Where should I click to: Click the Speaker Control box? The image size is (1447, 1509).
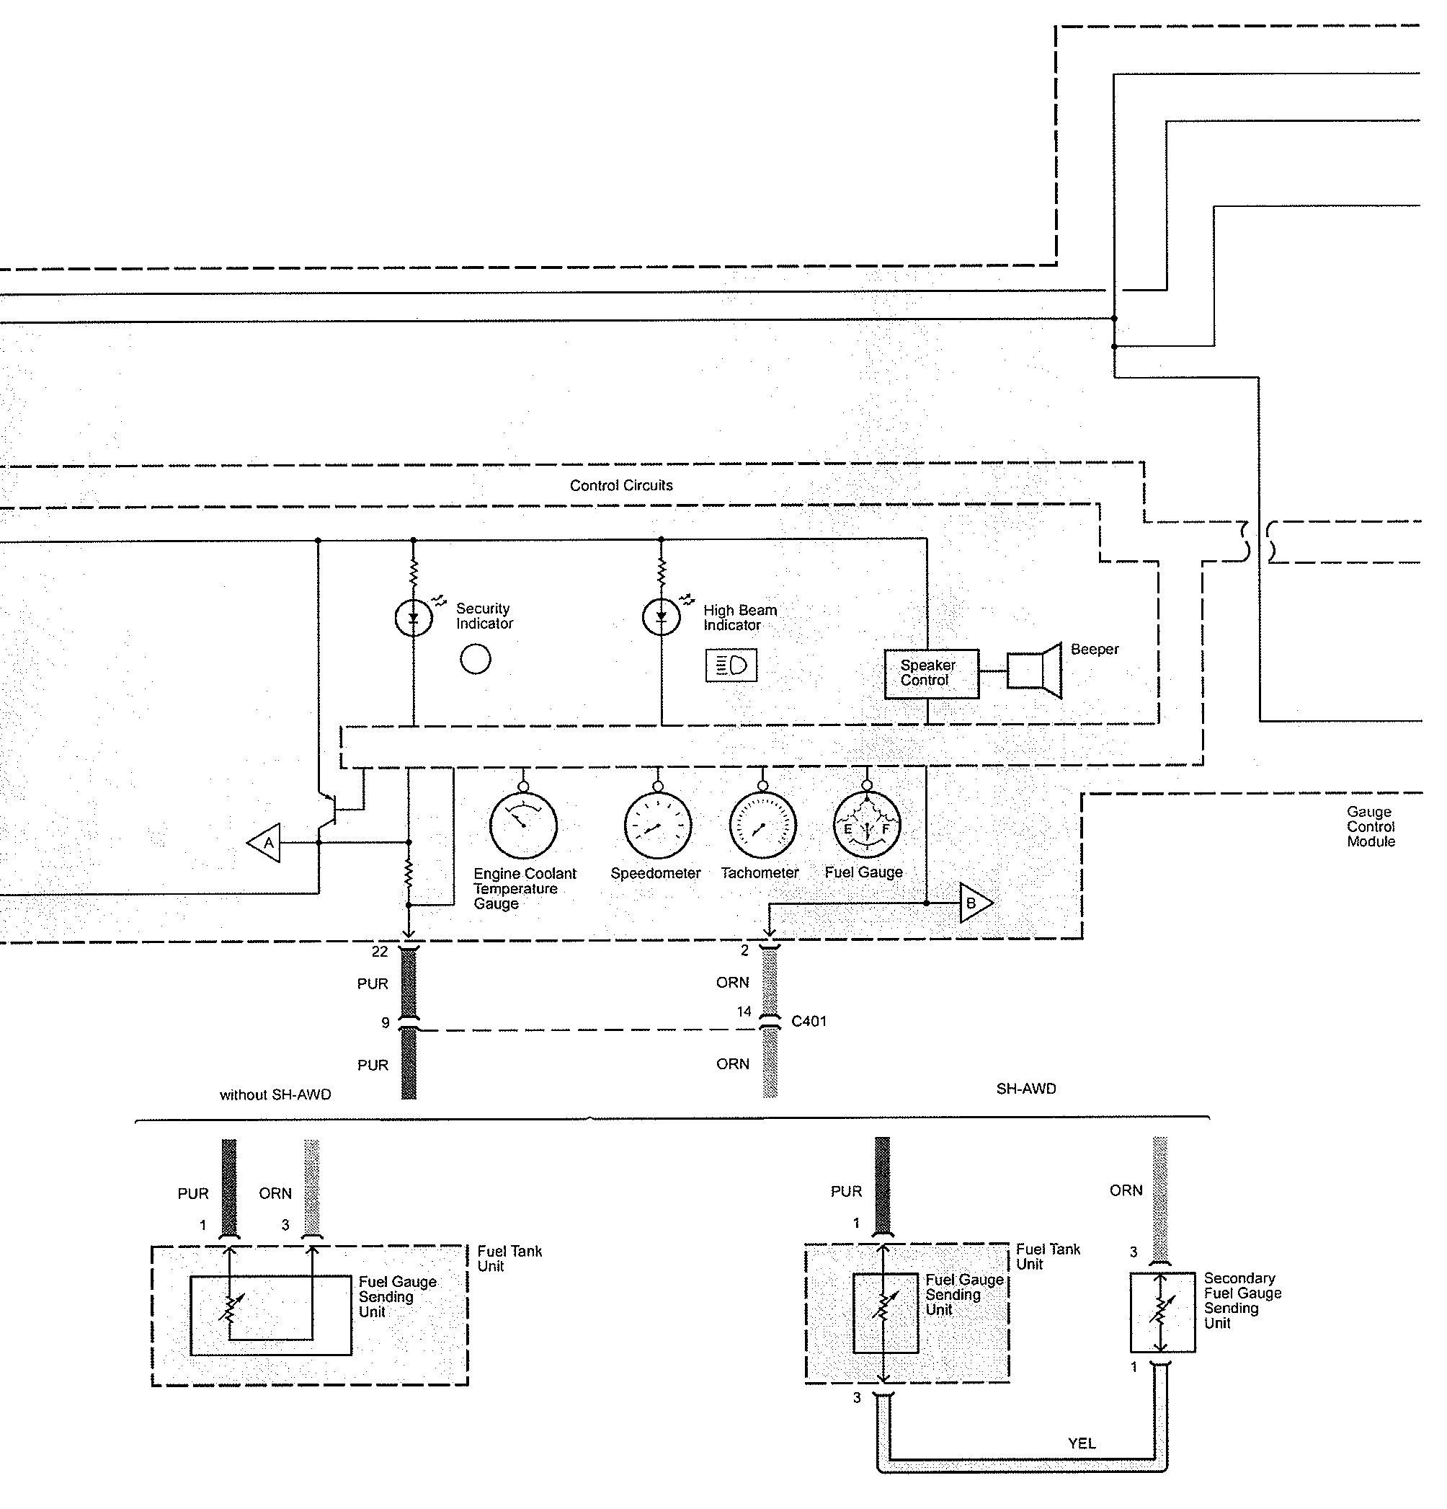tap(931, 673)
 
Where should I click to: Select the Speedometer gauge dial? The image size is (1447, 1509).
tap(657, 826)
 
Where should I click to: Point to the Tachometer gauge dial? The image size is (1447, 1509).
tap(762, 826)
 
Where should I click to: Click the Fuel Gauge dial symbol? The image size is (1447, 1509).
tap(867, 826)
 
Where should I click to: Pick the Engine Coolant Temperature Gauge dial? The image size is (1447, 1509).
tap(523, 826)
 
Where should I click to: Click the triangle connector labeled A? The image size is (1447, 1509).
tap(264, 843)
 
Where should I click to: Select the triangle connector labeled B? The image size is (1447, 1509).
tap(974, 903)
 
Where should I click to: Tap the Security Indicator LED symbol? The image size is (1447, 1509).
tap(414, 617)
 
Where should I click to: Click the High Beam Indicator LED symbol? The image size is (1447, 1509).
tap(661, 617)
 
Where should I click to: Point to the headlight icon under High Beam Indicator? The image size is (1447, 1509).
tap(731, 665)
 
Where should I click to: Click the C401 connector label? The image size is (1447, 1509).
tap(808, 1021)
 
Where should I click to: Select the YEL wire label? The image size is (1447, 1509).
tap(1082, 1443)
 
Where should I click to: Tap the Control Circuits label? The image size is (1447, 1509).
tap(621, 485)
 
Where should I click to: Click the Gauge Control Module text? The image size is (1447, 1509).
tap(1370, 826)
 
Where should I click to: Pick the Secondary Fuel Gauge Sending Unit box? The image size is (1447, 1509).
tap(1162, 1312)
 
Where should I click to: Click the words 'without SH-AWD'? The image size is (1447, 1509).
tap(275, 1094)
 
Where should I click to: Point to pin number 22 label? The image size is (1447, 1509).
tap(380, 952)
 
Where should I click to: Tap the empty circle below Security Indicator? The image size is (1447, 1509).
tap(475, 659)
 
